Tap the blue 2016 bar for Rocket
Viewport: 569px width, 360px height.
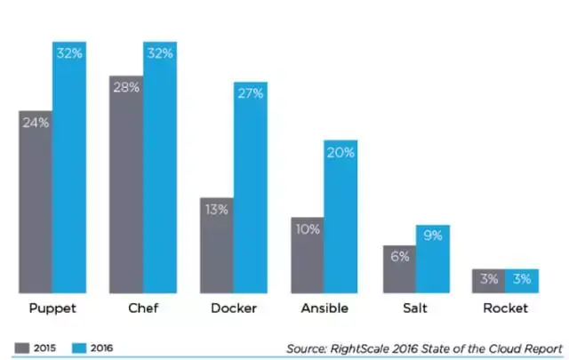[x=523, y=281]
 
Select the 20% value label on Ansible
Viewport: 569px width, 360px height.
[x=341, y=153]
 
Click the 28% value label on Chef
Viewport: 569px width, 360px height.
[x=126, y=88]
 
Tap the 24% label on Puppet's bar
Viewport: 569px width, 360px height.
[x=36, y=123]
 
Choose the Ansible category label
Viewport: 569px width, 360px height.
[x=325, y=308]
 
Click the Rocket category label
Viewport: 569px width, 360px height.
[x=506, y=308]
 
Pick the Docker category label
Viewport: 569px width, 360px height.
[x=234, y=308]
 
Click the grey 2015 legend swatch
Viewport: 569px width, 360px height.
[x=22, y=348]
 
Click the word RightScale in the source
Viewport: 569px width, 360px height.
[x=362, y=348]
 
